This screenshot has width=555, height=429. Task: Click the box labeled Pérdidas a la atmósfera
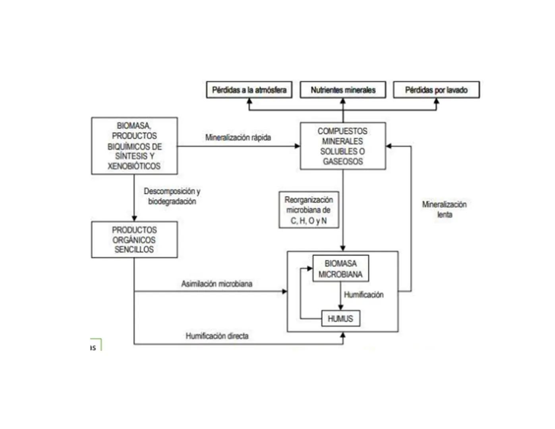click(x=249, y=90)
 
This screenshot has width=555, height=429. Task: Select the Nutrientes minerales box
click(x=343, y=90)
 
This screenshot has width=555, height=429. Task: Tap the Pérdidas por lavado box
click(x=436, y=90)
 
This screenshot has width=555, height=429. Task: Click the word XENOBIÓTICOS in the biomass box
click(x=134, y=166)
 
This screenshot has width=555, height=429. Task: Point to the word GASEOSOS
click(x=343, y=161)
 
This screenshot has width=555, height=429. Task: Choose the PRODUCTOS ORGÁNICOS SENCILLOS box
click(x=134, y=240)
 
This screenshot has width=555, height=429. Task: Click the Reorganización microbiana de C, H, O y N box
click(x=309, y=210)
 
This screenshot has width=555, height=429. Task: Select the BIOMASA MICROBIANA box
click(x=340, y=269)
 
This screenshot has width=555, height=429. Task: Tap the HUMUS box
click(x=340, y=319)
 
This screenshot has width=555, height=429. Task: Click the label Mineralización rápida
click(x=238, y=137)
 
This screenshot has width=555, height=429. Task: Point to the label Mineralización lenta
click(x=444, y=209)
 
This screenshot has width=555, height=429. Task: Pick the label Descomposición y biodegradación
click(x=172, y=196)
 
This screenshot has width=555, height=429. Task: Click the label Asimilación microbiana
click(x=217, y=284)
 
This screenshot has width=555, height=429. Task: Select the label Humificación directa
click(x=217, y=336)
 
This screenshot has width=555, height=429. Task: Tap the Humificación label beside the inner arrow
click(x=364, y=295)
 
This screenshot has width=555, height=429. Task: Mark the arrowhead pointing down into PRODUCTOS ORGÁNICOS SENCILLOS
click(x=134, y=218)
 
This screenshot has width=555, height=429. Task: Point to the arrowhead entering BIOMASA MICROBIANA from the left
click(x=310, y=269)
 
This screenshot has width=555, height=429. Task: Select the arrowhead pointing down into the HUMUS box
click(x=340, y=307)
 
